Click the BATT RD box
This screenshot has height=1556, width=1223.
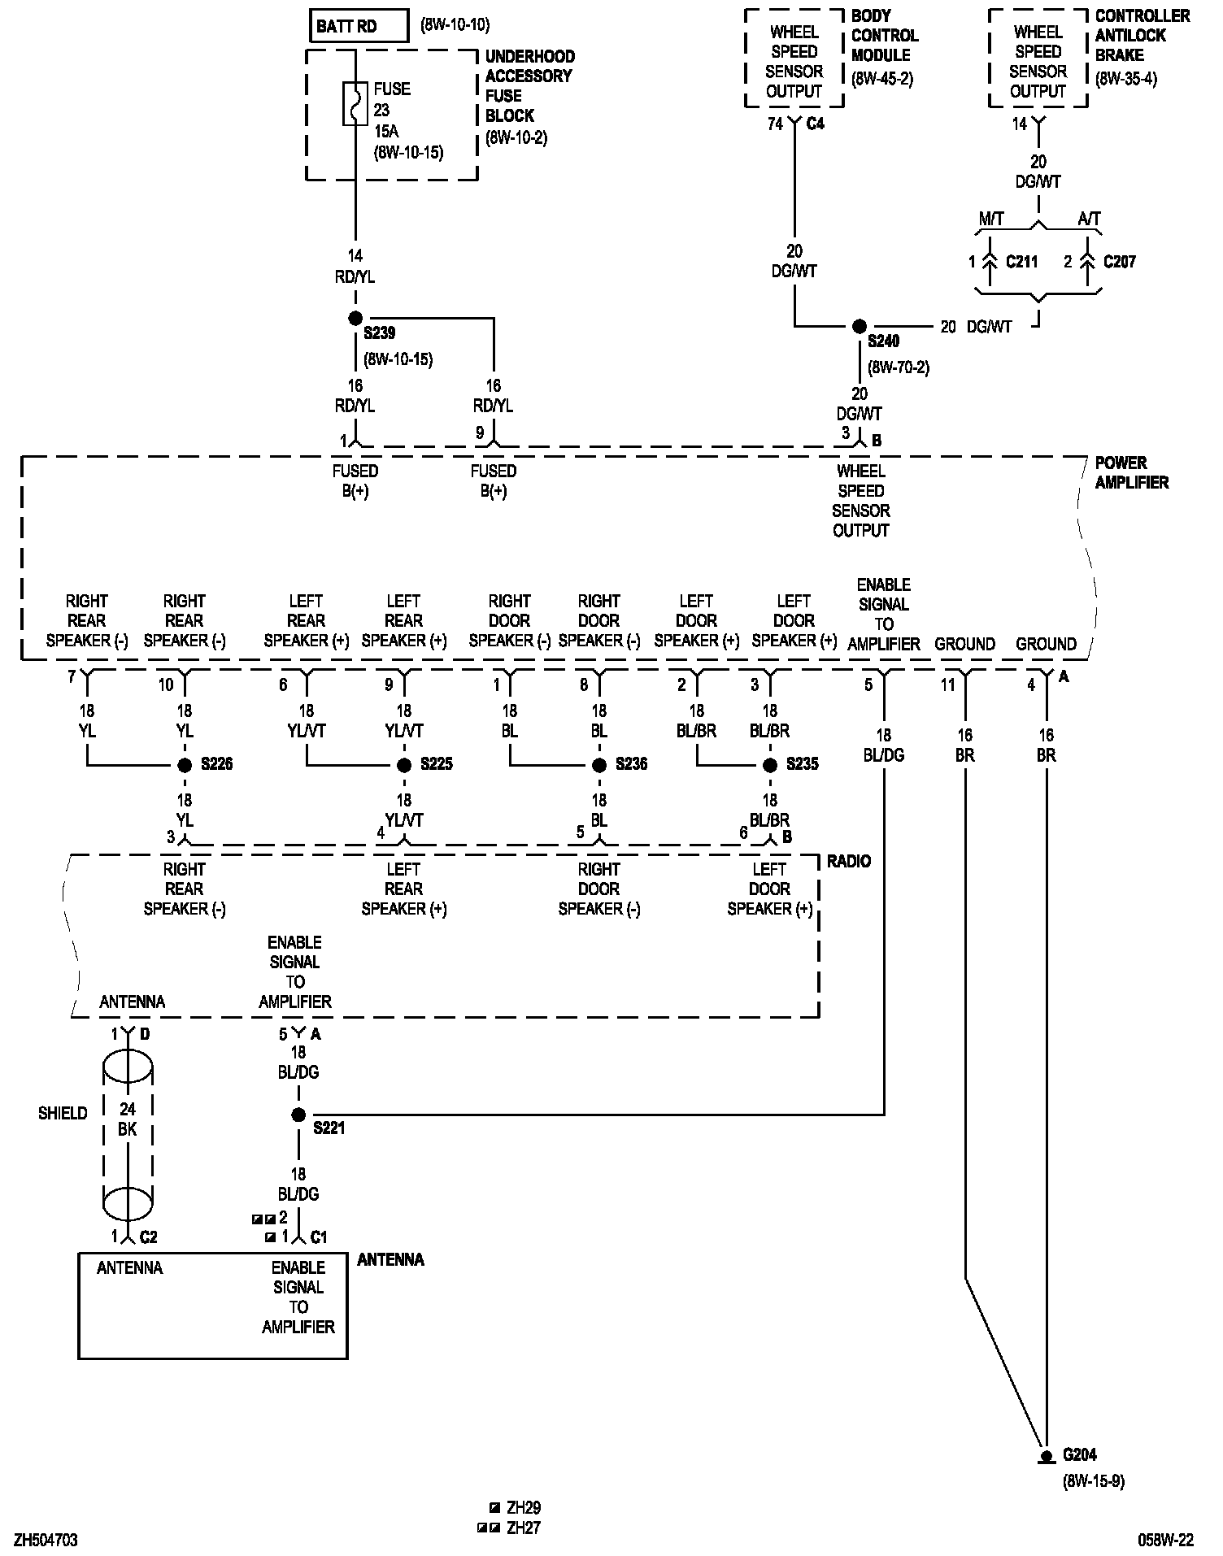(x=359, y=26)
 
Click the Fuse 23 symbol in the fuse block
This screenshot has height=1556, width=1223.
(x=355, y=103)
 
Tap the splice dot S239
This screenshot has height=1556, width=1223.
(x=355, y=318)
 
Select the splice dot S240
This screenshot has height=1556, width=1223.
(x=860, y=327)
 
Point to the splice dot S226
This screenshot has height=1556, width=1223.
(x=185, y=765)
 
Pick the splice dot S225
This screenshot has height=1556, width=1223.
(x=404, y=765)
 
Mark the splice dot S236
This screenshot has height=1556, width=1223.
(x=599, y=765)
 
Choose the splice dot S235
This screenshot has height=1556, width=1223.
(x=770, y=765)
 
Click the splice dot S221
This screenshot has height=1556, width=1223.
(x=298, y=1115)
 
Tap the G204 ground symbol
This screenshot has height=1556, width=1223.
(x=1047, y=1457)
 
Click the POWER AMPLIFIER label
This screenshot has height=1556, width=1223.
(x=1131, y=472)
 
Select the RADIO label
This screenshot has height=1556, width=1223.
(x=849, y=861)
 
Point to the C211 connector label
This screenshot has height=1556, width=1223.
(x=1021, y=262)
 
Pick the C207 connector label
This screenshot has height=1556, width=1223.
(x=1120, y=262)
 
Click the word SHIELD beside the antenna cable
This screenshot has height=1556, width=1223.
(x=63, y=1113)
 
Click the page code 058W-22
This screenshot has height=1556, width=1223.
(x=1165, y=1541)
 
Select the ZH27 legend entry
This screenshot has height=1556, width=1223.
(x=523, y=1528)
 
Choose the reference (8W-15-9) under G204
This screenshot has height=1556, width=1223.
(x=1093, y=1481)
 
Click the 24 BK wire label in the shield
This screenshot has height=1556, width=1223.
(x=128, y=1119)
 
